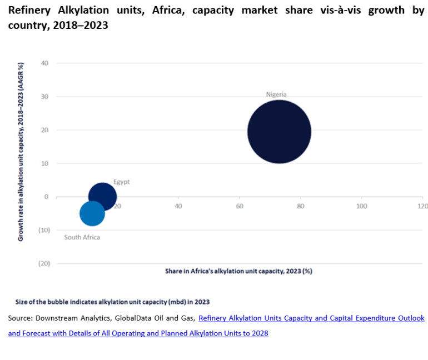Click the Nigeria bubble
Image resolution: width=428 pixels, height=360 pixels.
pyautogui.click(x=279, y=132)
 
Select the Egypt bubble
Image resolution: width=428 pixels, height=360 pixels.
pyautogui.click(x=102, y=196)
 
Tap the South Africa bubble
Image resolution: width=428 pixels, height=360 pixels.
pyautogui.click(x=92, y=213)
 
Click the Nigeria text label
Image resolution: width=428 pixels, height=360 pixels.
pyautogui.click(x=276, y=94)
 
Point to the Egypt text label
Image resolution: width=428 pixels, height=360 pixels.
pyautogui.click(x=121, y=182)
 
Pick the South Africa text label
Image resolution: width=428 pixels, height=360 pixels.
pyautogui.click(x=82, y=237)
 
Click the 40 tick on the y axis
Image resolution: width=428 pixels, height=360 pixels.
pyautogui.click(x=45, y=63)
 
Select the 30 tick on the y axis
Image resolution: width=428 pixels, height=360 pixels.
pyautogui.click(x=45, y=97)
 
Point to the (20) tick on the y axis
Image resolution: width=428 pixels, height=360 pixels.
pyautogui.click(x=44, y=263)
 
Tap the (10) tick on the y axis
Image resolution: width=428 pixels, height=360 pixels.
pyautogui.click(x=44, y=230)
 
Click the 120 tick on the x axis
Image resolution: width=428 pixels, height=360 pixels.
pyautogui.click(x=422, y=206)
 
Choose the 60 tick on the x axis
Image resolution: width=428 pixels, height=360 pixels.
pyautogui.click(x=239, y=206)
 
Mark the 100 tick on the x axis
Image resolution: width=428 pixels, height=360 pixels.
pyautogui.click(x=362, y=206)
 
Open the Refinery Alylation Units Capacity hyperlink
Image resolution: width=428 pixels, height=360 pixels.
pyautogui.click(x=311, y=318)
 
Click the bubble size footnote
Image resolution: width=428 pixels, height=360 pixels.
pyautogui.click(x=112, y=302)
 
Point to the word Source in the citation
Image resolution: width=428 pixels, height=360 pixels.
pyautogui.click(x=20, y=318)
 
